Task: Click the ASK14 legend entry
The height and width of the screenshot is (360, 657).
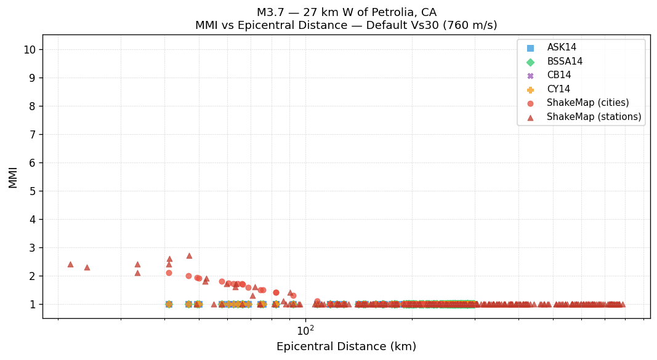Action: [x=561, y=47]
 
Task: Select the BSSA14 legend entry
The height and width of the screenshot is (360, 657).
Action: [x=564, y=62]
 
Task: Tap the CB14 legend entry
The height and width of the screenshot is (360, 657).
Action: [x=558, y=75]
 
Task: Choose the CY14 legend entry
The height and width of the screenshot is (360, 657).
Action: [x=558, y=89]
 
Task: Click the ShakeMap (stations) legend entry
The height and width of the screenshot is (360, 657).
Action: [x=594, y=117]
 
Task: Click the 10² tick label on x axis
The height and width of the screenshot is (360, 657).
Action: [x=305, y=331]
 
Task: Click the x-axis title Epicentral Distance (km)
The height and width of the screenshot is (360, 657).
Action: [x=346, y=346]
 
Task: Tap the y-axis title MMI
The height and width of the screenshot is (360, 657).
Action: [x=13, y=177]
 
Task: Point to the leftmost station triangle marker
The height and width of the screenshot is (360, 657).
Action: [x=70, y=264]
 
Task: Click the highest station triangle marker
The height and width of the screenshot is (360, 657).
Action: [x=189, y=255]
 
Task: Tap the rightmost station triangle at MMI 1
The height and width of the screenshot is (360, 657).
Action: [x=622, y=304]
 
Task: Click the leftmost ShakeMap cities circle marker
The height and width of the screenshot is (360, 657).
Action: [x=169, y=273]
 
